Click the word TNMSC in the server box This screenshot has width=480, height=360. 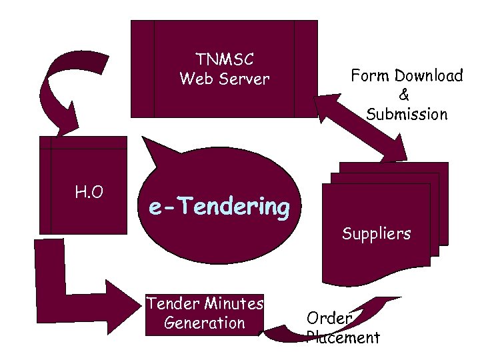(224, 60)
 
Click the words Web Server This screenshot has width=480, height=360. (224, 79)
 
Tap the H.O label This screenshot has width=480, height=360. (89, 193)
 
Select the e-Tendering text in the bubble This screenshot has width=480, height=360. (219, 207)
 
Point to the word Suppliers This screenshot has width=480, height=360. (376, 234)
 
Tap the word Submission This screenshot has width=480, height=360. (407, 114)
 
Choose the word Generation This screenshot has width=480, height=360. (204, 323)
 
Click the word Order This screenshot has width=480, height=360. (329, 318)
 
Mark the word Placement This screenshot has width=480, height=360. (343, 337)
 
